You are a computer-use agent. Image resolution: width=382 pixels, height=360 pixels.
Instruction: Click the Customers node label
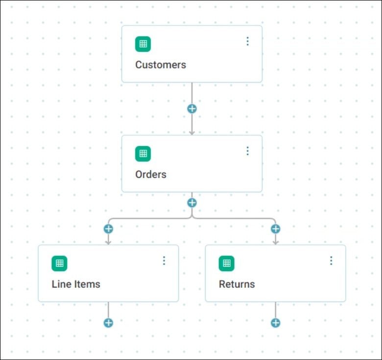[x=161, y=65]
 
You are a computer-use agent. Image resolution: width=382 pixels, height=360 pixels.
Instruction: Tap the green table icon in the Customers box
[x=143, y=44]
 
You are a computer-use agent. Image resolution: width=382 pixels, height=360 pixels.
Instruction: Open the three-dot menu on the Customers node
[x=247, y=42]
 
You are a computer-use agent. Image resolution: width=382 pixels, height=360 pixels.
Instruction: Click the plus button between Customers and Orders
[x=192, y=109]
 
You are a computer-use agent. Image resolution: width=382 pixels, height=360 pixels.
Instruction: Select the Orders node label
[x=151, y=174]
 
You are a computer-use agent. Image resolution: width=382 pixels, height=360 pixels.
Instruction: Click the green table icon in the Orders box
[x=143, y=154]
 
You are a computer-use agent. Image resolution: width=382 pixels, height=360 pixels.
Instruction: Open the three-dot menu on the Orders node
[x=247, y=151]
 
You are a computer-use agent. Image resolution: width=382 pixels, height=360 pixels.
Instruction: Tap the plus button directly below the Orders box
[x=192, y=203]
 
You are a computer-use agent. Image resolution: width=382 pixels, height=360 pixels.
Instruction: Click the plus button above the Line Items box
[x=108, y=229]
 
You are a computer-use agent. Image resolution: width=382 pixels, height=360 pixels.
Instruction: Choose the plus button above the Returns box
[x=276, y=229]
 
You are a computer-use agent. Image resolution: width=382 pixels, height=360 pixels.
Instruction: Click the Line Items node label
[x=76, y=284]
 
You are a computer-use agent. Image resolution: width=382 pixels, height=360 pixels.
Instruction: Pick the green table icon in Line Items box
[x=59, y=264]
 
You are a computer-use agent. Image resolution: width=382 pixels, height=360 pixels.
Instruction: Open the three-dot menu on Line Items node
[x=164, y=261]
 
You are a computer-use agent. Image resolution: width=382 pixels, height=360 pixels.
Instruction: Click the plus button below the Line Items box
[x=108, y=323]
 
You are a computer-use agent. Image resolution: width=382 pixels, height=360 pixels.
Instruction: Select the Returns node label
[x=237, y=284]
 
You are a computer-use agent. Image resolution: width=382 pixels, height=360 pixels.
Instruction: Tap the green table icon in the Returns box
[x=227, y=264]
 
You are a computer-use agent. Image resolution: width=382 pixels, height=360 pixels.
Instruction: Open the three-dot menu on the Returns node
[x=331, y=261]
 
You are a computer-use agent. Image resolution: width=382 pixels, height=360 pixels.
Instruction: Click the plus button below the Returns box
[x=276, y=323]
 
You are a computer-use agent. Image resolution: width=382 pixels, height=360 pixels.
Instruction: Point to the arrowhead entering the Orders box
[x=192, y=133]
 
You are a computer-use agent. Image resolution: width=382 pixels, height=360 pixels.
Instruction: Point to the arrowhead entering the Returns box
[x=276, y=242]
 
